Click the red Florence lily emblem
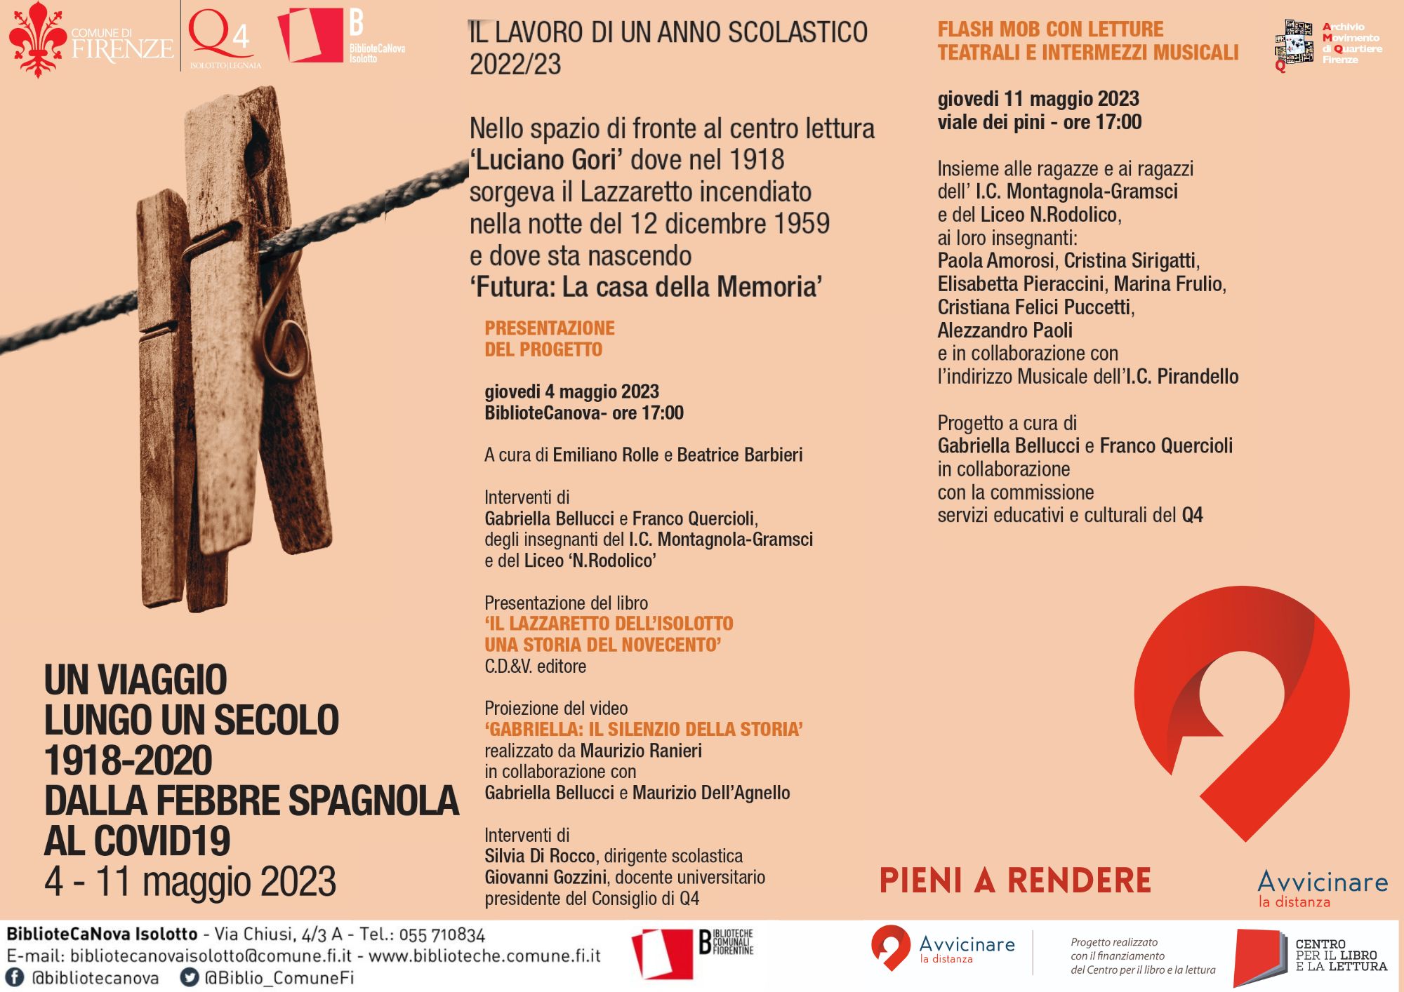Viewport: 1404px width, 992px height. pyautogui.click(x=37, y=39)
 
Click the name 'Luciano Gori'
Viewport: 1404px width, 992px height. pyautogui.click(x=546, y=160)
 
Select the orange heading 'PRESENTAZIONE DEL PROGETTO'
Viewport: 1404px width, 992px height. pyautogui.click(x=549, y=339)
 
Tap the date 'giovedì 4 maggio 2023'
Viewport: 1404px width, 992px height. pyautogui.click(x=571, y=391)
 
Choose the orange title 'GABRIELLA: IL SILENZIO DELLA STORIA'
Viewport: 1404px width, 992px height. pyautogui.click(x=643, y=729)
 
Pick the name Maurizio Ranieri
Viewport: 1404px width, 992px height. pyautogui.click(x=641, y=751)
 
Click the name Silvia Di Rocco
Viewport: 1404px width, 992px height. pyautogui.click(x=540, y=856)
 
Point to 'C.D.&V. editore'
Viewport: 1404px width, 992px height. pyautogui.click(x=535, y=666)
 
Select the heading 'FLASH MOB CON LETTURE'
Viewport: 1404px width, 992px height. pyautogui.click(x=1050, y=29)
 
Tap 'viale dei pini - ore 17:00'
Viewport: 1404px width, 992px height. pyautogui.click(x=1039, y=122)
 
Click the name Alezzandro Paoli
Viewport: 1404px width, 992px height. pyautogui.click(x=1005, y=330)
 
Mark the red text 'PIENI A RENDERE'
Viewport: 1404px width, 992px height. pyautogui.click(x=1015, y=880)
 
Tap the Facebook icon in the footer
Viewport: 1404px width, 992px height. pyautogui.click(x=14, y=977)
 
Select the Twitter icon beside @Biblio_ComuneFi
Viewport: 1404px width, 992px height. pyautogui.click(x=190, y=977)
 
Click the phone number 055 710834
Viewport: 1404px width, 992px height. pyautogui.click(x=442, y=934)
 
